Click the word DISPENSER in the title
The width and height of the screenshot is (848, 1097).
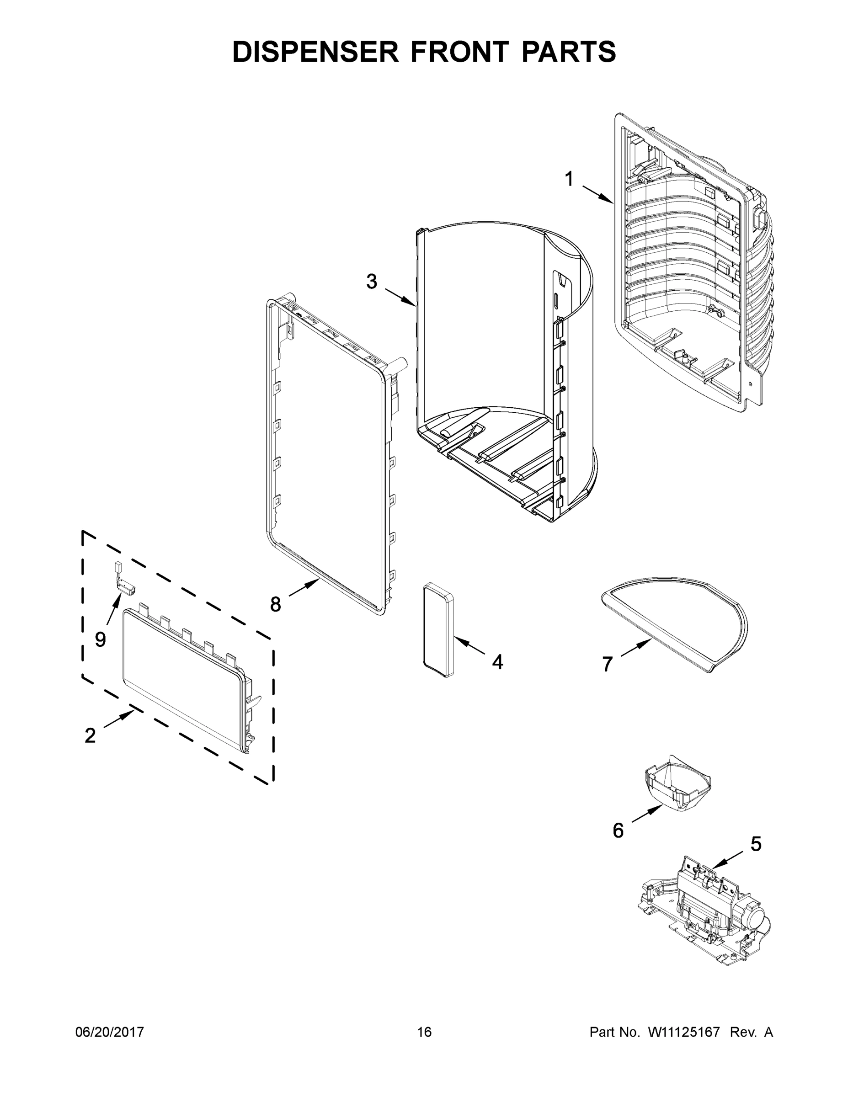[315, 52]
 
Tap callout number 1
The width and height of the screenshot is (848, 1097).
[569, 179]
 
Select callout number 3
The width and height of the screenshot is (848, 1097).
[371, 282]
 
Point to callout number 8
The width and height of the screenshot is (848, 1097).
[275, 604]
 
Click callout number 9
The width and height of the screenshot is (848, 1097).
[101, 639]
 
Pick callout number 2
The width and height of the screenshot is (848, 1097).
[90, 735]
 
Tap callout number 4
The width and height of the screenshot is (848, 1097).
[497, 662]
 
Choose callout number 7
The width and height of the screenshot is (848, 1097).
[608, 664]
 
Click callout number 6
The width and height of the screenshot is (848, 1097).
[618, 830]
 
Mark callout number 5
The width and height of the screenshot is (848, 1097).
[756, 844]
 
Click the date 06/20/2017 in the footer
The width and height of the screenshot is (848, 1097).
[110, 1032]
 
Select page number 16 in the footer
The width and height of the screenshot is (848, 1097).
[424, 1032]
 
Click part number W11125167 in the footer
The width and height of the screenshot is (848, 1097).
[684, 1032]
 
